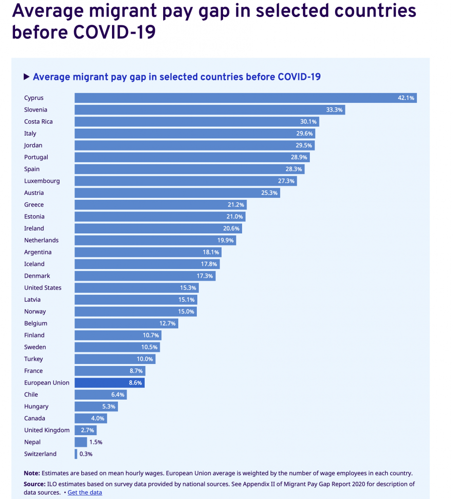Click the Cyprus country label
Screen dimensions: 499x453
coord(34,98)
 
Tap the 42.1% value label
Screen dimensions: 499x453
coord(406,98)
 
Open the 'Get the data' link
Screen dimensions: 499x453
coord(85,493)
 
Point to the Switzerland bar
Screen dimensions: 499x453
coord(76,454)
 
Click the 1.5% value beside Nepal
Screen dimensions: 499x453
coord(96,442)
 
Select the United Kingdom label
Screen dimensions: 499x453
coord(47,430)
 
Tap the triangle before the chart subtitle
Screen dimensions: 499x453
coord(27,77)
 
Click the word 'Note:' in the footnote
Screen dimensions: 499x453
coord(32,473)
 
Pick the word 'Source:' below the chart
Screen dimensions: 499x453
coord(35,484)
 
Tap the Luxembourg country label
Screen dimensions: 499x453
coord(42,181)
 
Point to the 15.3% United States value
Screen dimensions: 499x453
coord(188,288)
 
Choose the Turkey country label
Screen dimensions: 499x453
coord(34,359)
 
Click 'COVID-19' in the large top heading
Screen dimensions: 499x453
coord(114,32)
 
